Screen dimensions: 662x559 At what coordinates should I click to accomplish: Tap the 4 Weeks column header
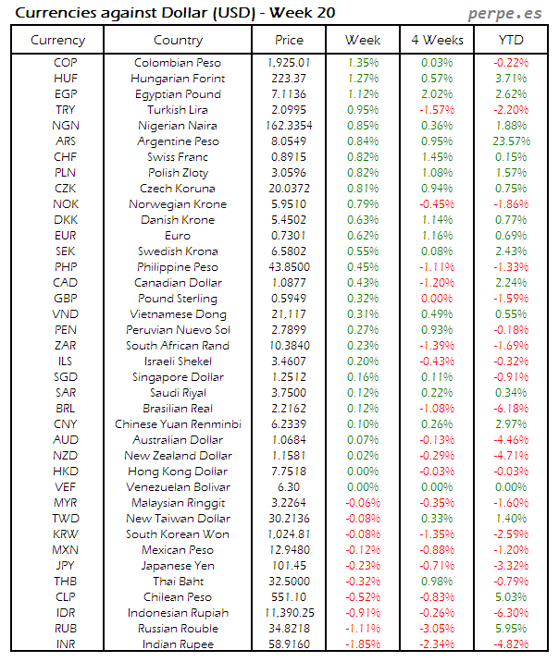coord(437,40)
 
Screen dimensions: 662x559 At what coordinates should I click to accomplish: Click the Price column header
coord(289,40)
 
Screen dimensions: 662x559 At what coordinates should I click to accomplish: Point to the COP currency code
coord(66,63)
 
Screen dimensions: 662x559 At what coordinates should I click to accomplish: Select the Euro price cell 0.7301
coord(289,236)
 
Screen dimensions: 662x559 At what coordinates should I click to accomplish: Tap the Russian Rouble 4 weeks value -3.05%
coord(437,629)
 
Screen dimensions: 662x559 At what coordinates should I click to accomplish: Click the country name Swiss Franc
coord(178,157)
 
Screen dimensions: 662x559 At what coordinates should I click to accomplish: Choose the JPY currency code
coord(66,566)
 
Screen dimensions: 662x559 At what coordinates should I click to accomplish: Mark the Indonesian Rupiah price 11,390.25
coord(289,613)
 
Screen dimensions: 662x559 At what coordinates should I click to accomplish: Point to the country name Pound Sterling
coord(178,299)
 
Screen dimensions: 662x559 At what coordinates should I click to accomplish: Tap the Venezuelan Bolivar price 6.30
coord(289,487)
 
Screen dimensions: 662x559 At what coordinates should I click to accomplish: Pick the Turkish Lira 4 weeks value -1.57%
coord(437,110)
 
